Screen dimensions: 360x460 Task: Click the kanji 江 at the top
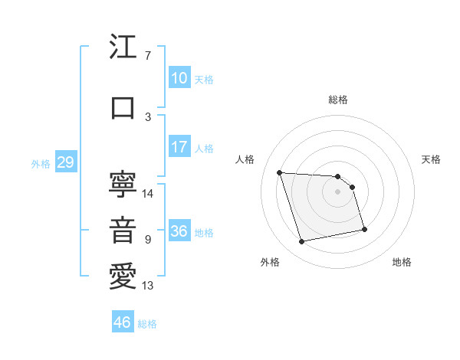click(123, 48)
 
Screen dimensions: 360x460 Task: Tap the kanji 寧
click(123, 184)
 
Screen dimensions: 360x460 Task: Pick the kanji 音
click(123, 231)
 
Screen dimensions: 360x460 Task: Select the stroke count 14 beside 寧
click(148, 194)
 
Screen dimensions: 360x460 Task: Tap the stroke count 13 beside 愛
click(148, 286)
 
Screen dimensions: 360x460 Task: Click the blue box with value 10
click(179, 77)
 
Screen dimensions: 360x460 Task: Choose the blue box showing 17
click(179, 146)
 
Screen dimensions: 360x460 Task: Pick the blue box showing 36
click(179, 231)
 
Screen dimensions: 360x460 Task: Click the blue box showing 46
click(123, 322)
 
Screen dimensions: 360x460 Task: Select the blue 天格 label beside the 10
click(204, 80)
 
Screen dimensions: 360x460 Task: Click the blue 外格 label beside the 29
click(41, 164)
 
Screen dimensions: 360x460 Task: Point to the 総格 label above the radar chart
click(338, 100)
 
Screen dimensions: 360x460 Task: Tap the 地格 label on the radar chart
click(402, 262)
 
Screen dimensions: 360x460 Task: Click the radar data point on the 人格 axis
click(280, 172)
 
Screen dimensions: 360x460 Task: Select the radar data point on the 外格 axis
click(302, 242)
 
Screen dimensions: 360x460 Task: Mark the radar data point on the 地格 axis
click(364, 229)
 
